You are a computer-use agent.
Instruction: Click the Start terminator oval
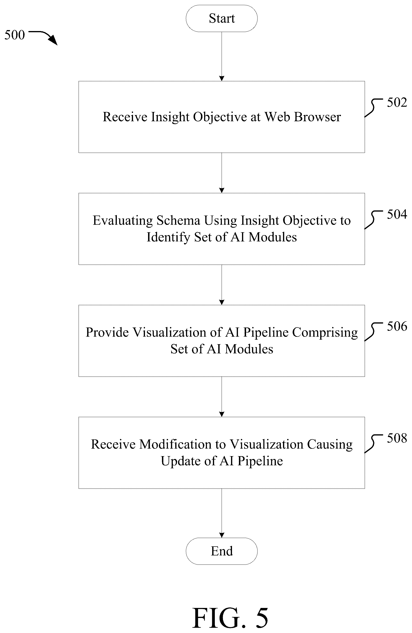[221, 18]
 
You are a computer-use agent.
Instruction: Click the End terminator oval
[221, 551]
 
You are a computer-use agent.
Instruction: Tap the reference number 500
[15, 35]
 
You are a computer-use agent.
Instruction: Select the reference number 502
[397, 102]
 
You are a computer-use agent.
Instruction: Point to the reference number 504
[397, 214]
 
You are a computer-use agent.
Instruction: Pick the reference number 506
[397, 326]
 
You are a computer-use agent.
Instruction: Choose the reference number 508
[397, 438]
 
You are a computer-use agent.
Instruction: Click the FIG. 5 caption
[230, 617]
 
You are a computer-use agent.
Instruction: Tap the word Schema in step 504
[178, 220]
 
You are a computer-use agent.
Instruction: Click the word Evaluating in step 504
[123, 221]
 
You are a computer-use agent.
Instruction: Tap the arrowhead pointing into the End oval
[221, 535]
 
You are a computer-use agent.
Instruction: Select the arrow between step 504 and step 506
[221, 285]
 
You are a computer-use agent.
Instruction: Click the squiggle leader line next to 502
[373, 108]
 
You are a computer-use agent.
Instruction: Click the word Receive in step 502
[125, 117]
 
